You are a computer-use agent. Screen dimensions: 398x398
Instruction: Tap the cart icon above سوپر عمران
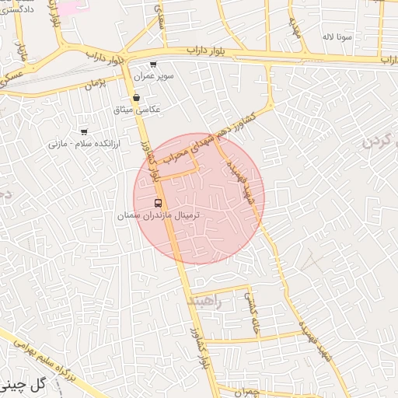[152, 65]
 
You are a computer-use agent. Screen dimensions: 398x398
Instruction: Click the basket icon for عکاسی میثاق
[137, 98]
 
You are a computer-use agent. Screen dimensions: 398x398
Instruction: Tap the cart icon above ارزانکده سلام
[84, 131]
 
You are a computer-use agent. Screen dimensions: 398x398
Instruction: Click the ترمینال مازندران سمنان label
[159, 215]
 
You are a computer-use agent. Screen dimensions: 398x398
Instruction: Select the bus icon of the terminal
[159, 204]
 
